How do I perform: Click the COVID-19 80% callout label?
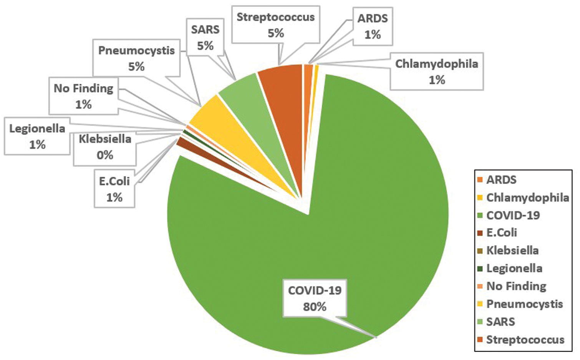[315, 299]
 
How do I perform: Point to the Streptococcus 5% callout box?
[275, 25]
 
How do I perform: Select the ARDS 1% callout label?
[372, 27]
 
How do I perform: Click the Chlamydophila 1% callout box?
[437, 71]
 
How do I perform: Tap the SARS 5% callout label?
[205, 37]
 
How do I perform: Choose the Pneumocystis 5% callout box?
[136, 58]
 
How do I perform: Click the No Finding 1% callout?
[83, 96]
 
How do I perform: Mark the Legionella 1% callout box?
[37, 136]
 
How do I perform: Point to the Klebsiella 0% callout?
[105, 147]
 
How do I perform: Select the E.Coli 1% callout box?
[114, 189]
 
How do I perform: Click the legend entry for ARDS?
[501, 180]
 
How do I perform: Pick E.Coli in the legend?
[501, 233]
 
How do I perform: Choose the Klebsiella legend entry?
[512, 251]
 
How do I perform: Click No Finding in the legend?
[516, 286]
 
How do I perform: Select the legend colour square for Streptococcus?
[480, 340]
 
